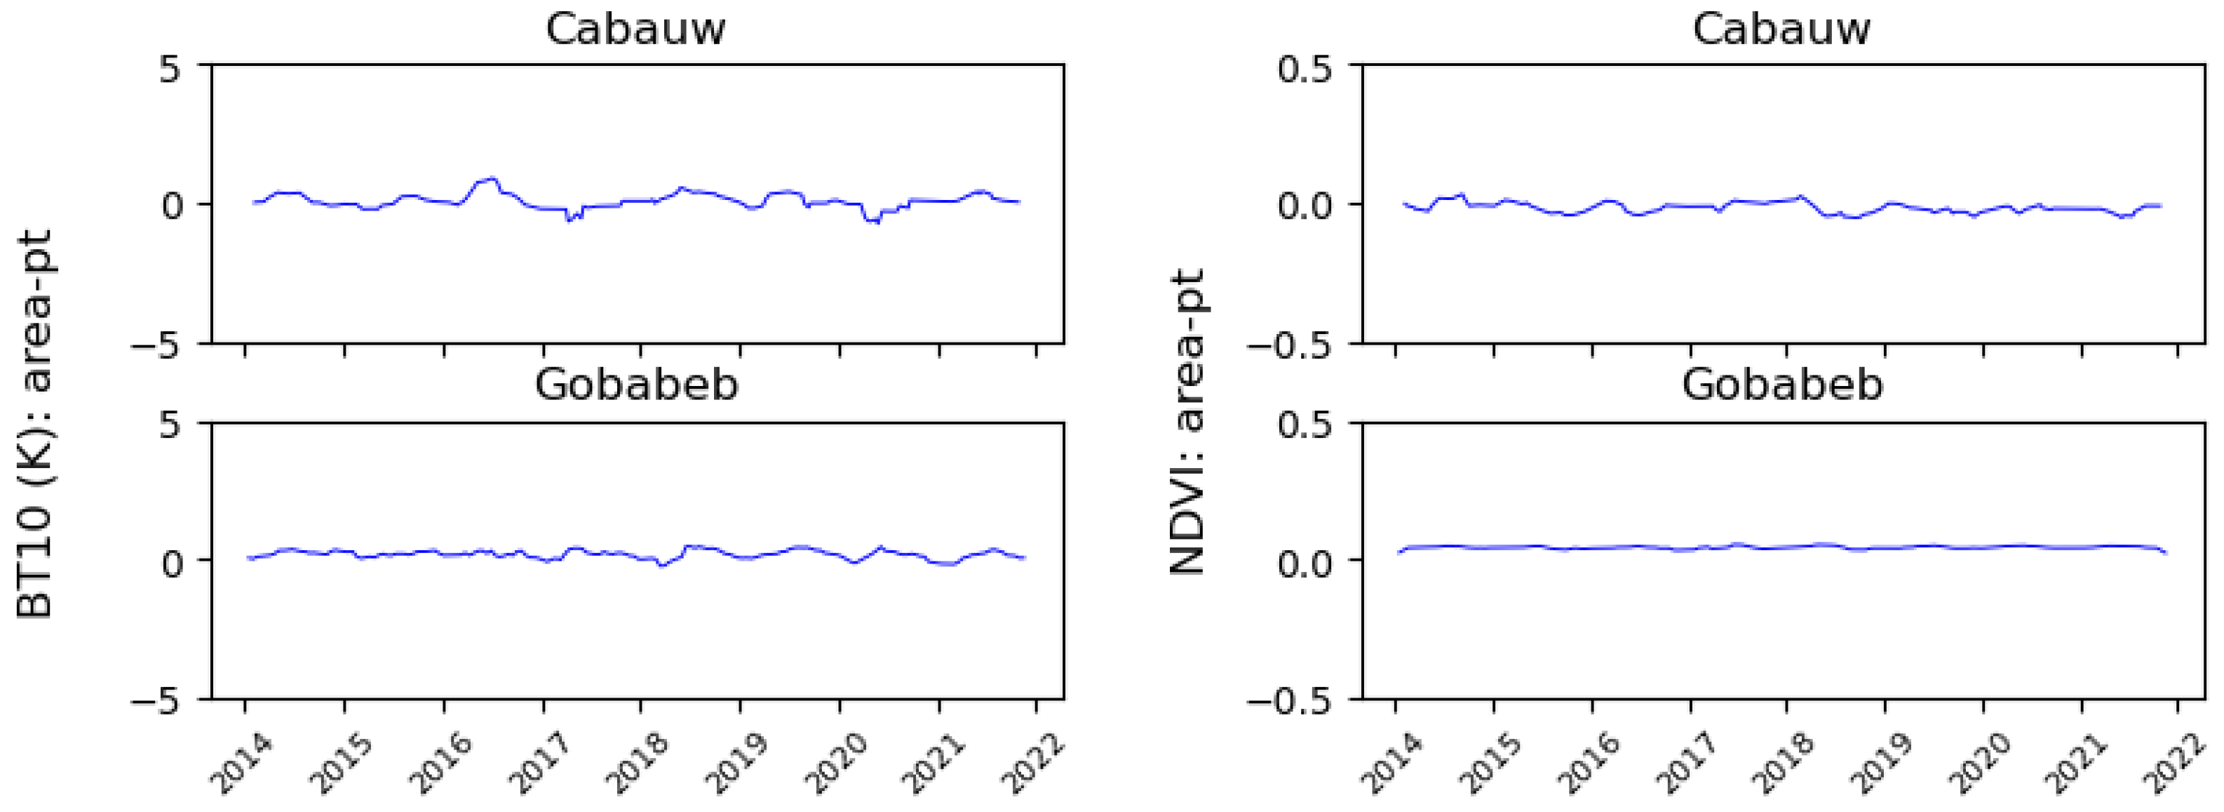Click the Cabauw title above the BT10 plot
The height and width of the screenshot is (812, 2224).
(x=635, y=29)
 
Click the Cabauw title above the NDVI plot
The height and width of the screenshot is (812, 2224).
(x=1781, y=29)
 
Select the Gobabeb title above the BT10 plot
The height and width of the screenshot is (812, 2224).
(x=636, y=385)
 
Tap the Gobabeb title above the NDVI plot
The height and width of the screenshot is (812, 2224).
(x=1782, y=385)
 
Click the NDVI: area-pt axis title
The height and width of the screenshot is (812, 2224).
(x=1187, y=423)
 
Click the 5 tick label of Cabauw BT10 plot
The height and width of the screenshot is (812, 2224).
(x=170, y=67)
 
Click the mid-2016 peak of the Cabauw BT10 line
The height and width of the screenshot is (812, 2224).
(x=492, y=179)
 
